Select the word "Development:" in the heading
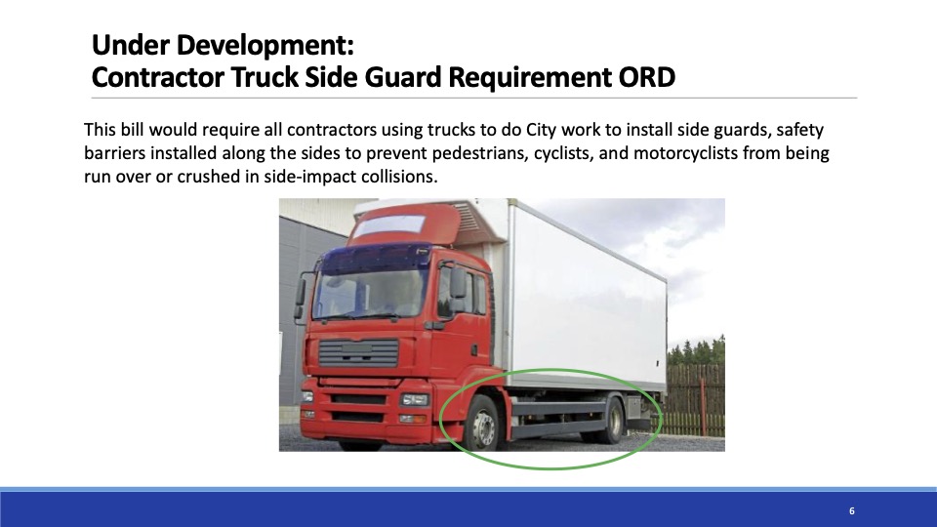pyautogui.click(x=265, y=46)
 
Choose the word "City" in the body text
pyautogui.click(x=542, y=130)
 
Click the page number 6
pyautogui.click(x=851, y=510)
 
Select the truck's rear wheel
pyautogui.click(x=612, y=421)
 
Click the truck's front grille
pyautogui.click(x=358, y=352)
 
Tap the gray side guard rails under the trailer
pyautogui.click(x=559, y=419)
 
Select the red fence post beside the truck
pyautogui.click(x=703, y=406)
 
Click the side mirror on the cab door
pyautogui.click(x=458, y=282)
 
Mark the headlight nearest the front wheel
pyautogui.click(x=415, y=400)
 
